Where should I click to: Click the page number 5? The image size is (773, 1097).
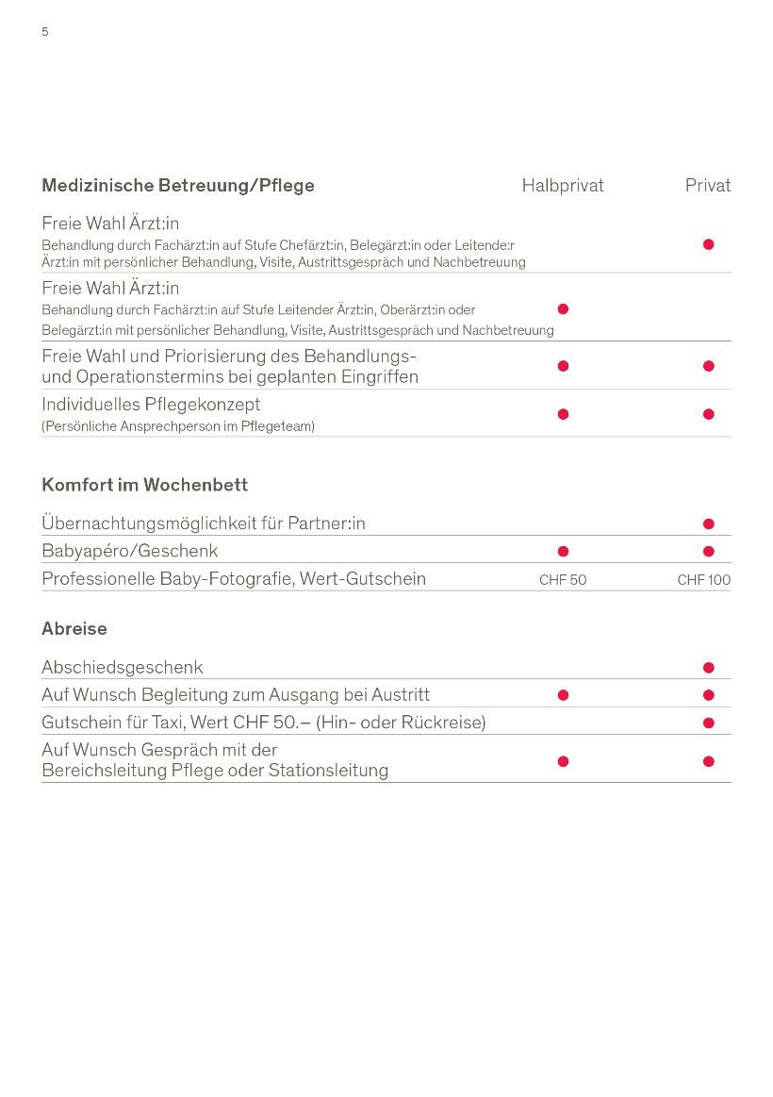tap(44, 32)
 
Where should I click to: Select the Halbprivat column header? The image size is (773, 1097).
tap(562, 186)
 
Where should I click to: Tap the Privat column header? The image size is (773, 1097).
tap(707, 186)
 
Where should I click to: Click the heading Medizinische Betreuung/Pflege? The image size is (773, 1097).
tap(178, 186)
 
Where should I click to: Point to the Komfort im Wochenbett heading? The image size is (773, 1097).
tap(144, 485)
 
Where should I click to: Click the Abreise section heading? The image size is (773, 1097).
tap(74, 628)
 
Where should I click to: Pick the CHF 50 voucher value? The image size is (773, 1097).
tap(563, 580)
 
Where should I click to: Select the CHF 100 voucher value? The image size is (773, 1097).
tap(703, 580)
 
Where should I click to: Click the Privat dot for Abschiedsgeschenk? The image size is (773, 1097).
tap(709, 668)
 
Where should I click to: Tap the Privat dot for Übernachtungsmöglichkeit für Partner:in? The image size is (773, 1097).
tap(709, 524)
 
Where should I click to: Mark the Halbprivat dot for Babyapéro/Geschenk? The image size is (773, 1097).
tap(564, 551)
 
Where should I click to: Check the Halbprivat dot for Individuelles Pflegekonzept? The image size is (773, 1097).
tap(564, 414)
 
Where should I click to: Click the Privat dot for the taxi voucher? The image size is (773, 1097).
tap(709, 723)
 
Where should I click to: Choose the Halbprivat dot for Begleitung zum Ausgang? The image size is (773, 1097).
tap(564, 695)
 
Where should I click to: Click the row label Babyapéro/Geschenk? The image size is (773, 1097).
tap(129, 551)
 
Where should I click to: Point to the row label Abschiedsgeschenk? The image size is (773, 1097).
tap(123, 668)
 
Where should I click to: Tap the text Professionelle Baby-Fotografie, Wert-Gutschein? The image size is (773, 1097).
tap(234, 579)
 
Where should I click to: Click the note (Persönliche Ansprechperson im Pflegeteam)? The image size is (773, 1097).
tap(178, 426)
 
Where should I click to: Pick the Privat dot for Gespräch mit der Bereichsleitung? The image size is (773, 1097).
tap(709, 761)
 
